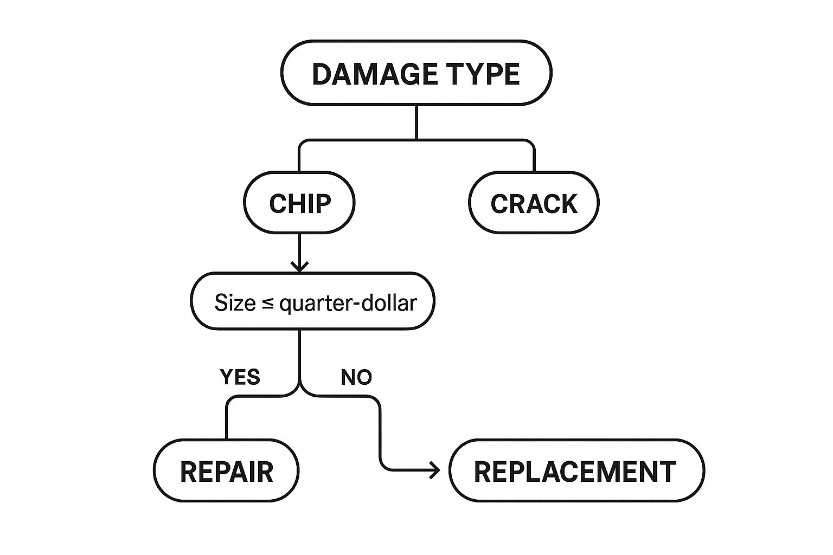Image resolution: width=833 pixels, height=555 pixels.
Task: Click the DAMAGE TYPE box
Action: pyautogui.click(x=416, y=73)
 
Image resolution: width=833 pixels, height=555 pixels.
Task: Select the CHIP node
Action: pyautogui.click(x=299, y=203)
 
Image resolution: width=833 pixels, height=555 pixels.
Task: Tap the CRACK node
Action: pyautogui.click(x=534, y=203)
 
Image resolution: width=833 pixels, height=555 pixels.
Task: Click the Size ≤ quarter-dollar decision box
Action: pyautogui.click(x=312, y=301)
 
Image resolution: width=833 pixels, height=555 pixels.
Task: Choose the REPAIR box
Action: pyautogui.click(x=226, y=471)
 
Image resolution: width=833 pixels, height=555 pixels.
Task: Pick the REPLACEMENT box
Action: pyautogui.click(x=576, y=471)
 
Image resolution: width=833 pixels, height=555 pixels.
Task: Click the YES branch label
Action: pyautogui.click(x=240, y=377)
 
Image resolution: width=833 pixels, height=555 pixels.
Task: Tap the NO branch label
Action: pyautogui.click(x=356, y=377)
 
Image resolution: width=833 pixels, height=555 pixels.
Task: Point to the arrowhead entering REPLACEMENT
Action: pyautogui.click(x=435, y=470)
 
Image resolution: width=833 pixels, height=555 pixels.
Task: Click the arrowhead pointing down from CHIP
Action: pyautogui.click(x=299, y=266)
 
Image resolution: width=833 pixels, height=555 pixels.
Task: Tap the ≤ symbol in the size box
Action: pyautogui.click(x=267, y=303)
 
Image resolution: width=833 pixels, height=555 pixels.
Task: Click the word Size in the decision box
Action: pyautogui.click(x=235, y=302)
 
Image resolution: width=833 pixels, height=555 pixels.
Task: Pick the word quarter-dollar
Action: pyautogui.click(x=348, y=303)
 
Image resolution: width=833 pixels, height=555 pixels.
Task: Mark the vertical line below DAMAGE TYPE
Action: pyautogui.click(x=416, y=122)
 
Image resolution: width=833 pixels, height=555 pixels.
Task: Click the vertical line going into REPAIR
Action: pyautogui.click(x=226, y=420)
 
